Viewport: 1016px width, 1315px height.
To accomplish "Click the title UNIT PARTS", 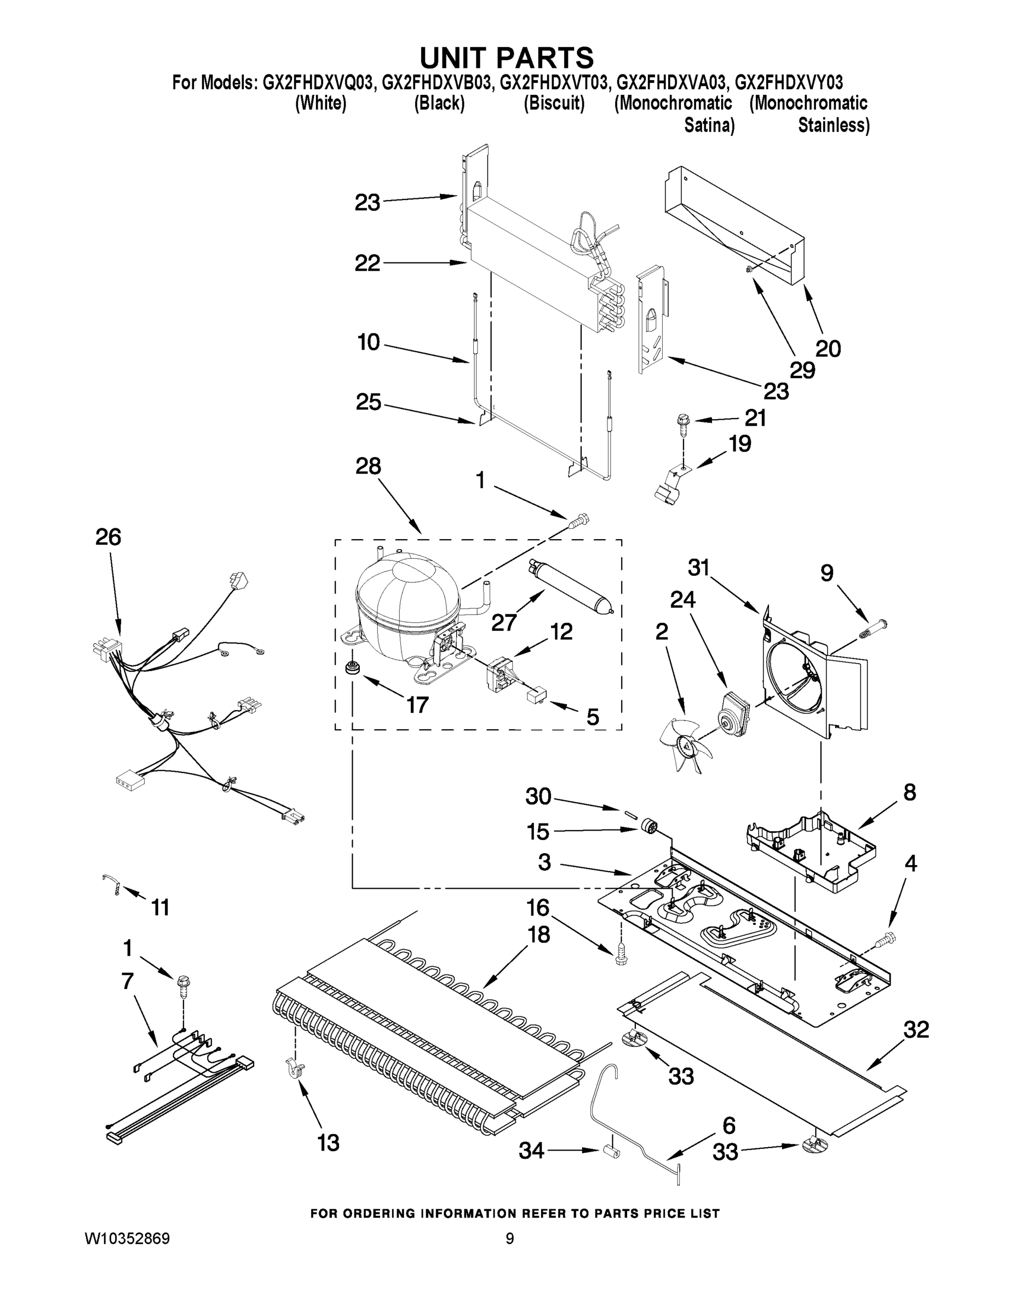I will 506,59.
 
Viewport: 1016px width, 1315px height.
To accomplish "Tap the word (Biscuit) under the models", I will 554,104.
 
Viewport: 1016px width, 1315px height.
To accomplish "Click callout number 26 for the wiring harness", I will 108,537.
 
